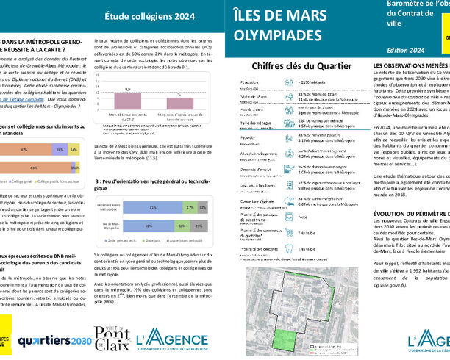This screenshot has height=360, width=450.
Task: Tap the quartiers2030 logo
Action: point(54,340)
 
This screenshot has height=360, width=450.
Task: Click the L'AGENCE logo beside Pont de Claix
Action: point(176,339)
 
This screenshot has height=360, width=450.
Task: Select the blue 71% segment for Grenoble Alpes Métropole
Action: point(146,208)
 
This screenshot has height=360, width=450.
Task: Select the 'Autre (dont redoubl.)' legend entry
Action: point(185,241)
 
